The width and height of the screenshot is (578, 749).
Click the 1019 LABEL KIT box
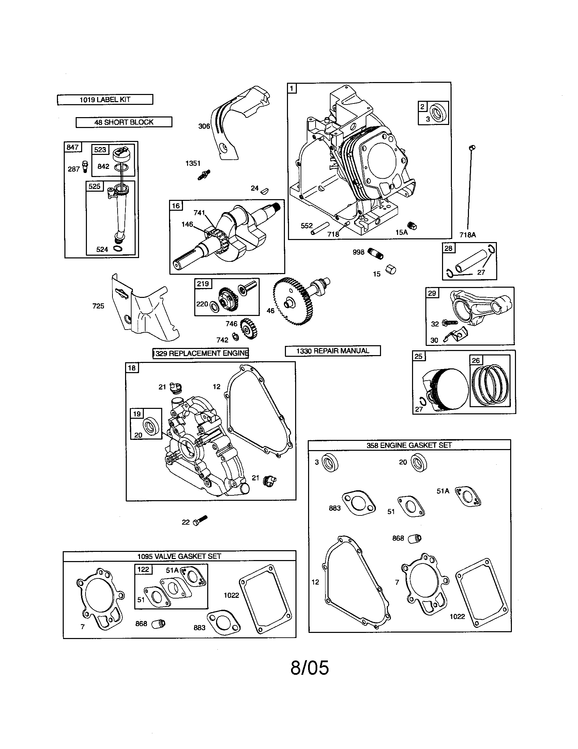[x=105, y=100]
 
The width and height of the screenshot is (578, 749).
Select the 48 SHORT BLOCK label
[x=124, y=123]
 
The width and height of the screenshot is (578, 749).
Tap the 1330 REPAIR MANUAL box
[x=332, y=351]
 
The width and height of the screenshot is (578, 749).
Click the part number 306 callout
[x=204, y=126]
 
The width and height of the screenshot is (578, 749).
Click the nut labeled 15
[x=391, y=270]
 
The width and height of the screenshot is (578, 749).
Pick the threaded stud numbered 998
[x=375, y=254]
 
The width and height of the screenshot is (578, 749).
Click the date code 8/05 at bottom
[x=309, y=668]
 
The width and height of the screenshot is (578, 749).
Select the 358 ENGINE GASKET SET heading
[x=409, y=445]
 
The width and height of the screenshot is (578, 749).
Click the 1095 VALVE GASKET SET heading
[x=179, y=556]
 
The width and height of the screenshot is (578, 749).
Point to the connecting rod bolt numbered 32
[x=450, y=323]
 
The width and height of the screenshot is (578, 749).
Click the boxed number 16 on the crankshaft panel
[x=176, y=206]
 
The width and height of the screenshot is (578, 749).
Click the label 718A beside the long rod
[x=468, y=235]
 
